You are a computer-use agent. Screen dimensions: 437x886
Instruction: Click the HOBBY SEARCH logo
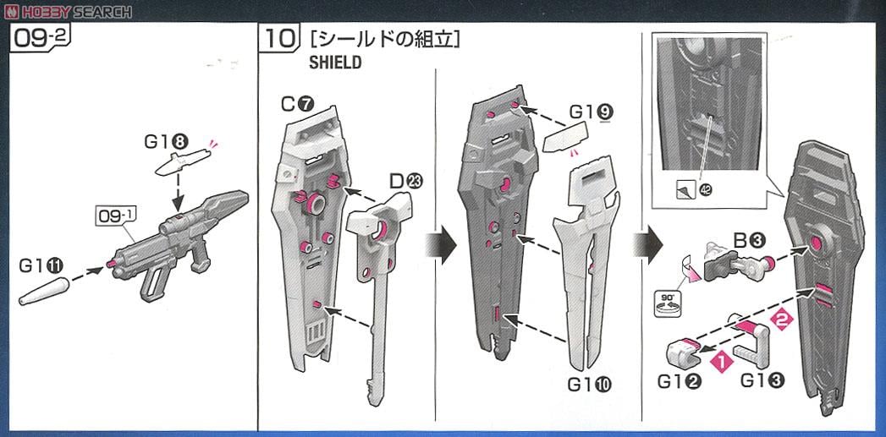(69, 11)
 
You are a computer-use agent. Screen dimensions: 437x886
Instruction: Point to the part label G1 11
(39, 265)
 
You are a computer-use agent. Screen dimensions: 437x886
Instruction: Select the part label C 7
(296, 104)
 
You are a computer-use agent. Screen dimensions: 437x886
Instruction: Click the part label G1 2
(680, 381)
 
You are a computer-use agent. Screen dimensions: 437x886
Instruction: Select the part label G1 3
(762, 381)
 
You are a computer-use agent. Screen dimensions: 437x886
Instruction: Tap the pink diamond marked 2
(782, 322)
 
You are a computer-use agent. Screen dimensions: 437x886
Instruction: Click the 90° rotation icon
(669, 303)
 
